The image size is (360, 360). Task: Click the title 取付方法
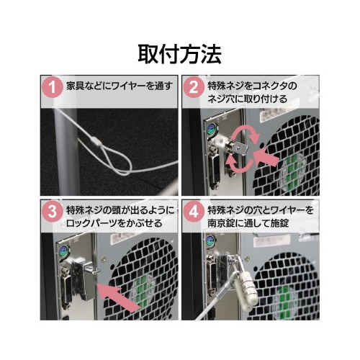179,54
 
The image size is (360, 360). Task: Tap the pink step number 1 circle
52,87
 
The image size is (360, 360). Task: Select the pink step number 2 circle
194,87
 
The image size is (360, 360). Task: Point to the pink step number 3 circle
52,212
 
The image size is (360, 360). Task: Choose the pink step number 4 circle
194,212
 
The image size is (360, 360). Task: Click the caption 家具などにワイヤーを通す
120,86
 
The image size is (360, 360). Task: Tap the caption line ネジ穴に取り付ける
247,99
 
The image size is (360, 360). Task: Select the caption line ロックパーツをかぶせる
114,223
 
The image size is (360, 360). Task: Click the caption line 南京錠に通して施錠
248,223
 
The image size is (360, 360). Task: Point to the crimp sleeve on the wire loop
96,141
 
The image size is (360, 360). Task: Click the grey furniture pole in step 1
66,151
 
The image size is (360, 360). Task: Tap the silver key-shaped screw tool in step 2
238,147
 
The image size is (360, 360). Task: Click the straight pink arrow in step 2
266,157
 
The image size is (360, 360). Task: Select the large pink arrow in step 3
118,297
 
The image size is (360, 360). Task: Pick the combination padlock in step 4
246,291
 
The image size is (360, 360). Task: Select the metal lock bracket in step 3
84,280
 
